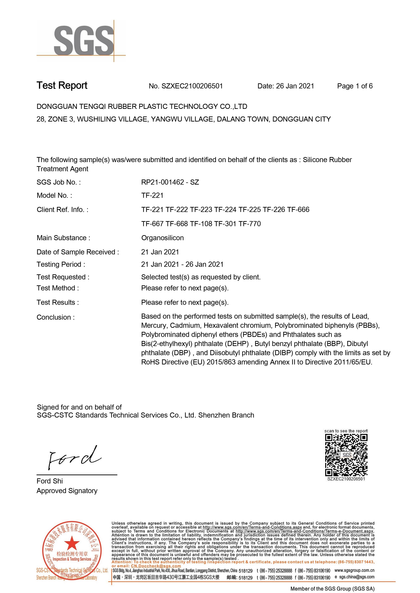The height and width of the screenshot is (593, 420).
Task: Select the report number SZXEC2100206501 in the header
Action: pyautogui.click(x=192, y=86)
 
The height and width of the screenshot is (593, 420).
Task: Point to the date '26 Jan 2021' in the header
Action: pyautogui.click(x=295, y=86)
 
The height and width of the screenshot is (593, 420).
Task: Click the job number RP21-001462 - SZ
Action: pyautogui.click(x=170, y=182)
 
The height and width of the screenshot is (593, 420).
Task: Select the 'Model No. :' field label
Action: pyautogui.click(x=54, y=196)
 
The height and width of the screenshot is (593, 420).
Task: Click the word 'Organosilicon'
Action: pyautogui.click(x=162, y=238)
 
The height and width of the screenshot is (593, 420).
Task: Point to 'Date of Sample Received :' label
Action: pyautogui.click(x=78, y=252)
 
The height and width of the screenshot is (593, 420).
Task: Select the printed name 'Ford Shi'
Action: pyautogui.click(x=50, y=481)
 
